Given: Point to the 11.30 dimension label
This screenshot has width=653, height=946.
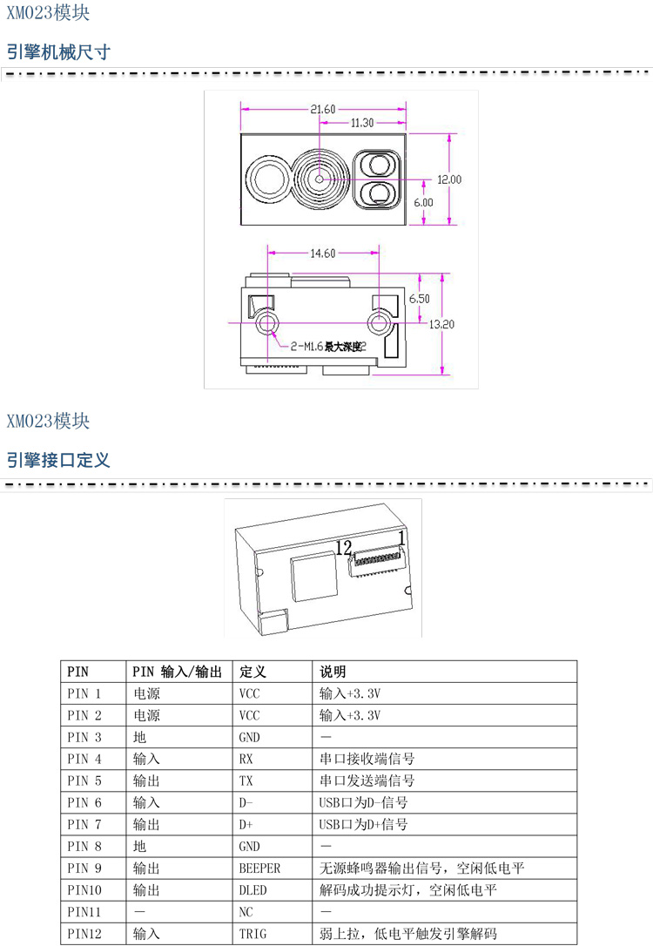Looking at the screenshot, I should coord(361,123).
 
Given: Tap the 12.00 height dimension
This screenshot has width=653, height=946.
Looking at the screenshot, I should coord(449,179).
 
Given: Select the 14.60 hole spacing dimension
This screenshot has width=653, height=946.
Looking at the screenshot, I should coord(322,253).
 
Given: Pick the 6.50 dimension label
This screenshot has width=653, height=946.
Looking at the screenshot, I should coord(420,297).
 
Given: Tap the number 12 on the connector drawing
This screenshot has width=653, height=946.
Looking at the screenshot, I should coord(343,547).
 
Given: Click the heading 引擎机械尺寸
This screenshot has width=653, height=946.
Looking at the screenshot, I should coord(58,51).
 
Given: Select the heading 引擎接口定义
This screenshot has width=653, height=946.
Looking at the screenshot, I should coord(58,459).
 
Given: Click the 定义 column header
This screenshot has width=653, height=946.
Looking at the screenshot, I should coord(252,672).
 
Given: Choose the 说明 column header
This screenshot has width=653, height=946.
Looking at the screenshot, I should coord(333,672).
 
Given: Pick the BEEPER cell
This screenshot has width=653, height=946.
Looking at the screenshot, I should coord(259,868).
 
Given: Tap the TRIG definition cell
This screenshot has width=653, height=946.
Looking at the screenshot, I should coord(252,934).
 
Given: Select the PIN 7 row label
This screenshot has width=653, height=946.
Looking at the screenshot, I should coord(84,824).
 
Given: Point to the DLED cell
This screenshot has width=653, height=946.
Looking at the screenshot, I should coord(252,890).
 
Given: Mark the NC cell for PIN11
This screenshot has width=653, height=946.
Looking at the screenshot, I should coord(246,912).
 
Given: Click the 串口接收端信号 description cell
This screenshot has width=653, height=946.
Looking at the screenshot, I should coord(367,759).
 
